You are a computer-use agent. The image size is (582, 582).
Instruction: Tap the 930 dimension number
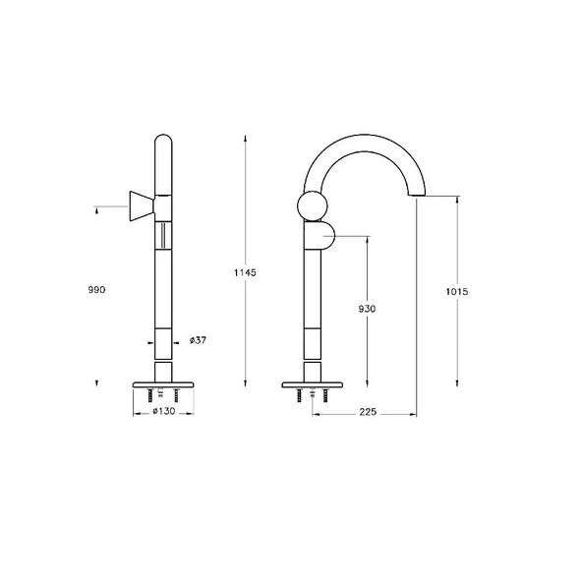tap(366, 308)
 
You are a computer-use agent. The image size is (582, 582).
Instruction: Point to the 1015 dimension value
tap(456, 291)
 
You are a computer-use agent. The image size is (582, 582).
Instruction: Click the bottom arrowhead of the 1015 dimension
tap(456, 381)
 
